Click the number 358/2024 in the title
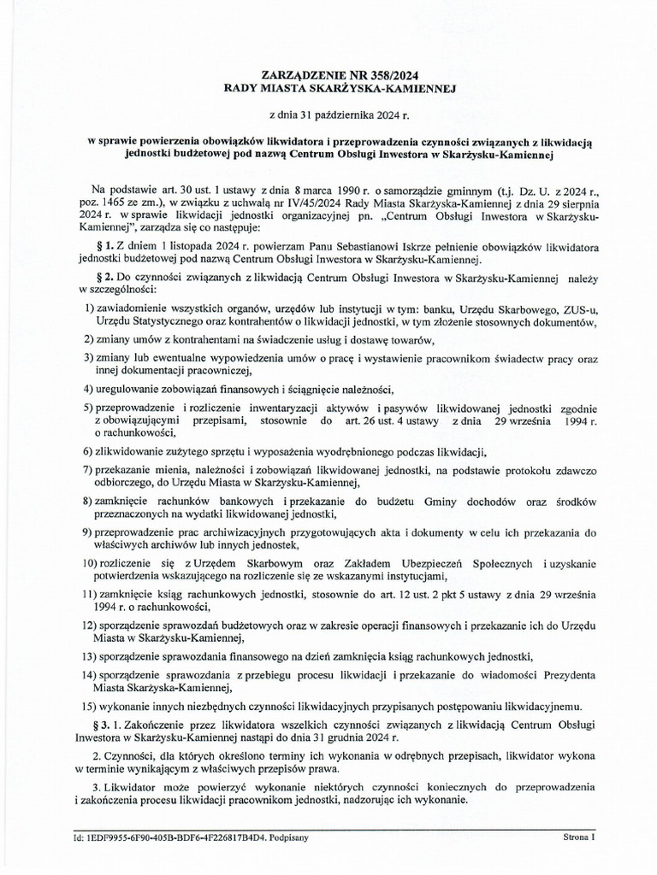[388, 75]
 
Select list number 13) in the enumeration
[86, 656]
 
